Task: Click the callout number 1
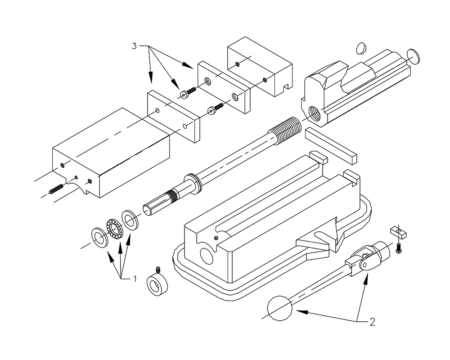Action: (134, 279)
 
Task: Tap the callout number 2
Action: (372, 322)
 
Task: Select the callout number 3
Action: (134, 46)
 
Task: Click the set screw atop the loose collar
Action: (158, 270)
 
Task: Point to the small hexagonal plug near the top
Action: (361, 47)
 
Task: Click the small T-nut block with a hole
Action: (398, 232)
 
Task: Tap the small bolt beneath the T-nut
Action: (397, 247)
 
